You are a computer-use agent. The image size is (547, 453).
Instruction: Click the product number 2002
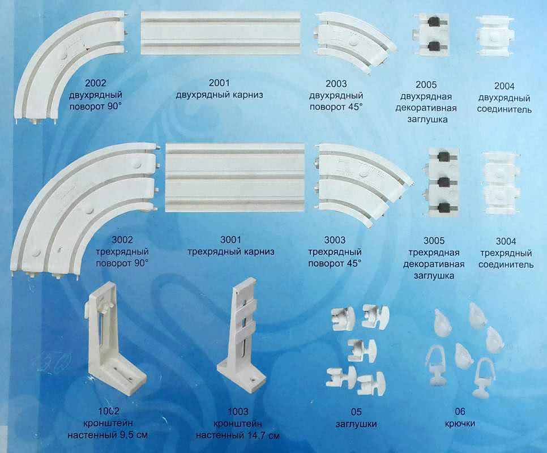point(95,83)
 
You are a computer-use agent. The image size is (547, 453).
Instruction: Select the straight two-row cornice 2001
point(220,33)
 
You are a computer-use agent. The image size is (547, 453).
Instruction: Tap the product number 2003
point(336,84)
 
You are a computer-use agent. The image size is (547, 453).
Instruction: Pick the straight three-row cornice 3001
point(236,177)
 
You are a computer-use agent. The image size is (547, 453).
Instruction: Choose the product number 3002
point(122,240)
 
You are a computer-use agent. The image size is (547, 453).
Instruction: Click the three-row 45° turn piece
point(363,183)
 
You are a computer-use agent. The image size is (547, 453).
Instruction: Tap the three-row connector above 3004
point(501,183)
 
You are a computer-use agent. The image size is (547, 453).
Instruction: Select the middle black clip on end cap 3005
point(443,182)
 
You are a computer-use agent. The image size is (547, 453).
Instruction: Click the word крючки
point(460,424)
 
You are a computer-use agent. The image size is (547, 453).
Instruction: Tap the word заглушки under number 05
point(356,424)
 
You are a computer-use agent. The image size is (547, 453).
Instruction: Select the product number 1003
point(238,412)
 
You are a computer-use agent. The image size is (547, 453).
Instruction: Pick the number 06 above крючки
point(460,412)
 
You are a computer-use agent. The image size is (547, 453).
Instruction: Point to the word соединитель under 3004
point(506,264)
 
